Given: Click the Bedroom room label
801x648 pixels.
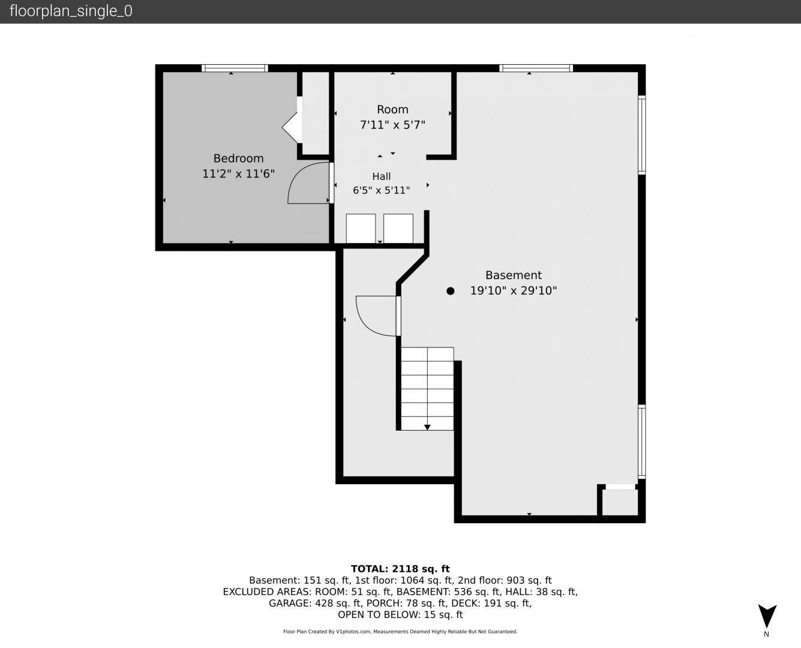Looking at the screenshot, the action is pos(238,158).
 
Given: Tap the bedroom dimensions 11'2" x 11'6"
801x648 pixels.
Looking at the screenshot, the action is pos(238,174).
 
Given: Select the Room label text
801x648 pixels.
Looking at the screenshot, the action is pos(392,109).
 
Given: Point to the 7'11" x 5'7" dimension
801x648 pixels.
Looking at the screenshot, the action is pos(392,124).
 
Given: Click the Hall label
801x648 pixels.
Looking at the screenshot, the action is pos(382,176).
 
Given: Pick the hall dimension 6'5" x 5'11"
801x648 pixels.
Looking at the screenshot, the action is pos(382,190).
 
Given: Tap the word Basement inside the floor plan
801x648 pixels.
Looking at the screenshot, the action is pos(514,275).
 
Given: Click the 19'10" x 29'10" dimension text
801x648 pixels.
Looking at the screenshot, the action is pos(514,291).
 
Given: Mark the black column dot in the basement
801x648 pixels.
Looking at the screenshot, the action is pos(450,291).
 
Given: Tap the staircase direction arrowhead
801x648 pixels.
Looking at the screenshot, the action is pos(427,427).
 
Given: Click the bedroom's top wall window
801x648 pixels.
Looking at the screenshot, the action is pos(235,68).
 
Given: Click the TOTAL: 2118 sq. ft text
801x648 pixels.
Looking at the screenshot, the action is pos(400,569).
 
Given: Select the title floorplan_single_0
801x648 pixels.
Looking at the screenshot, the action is pos(71,11).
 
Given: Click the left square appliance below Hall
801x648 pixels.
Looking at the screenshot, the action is pos(361,229).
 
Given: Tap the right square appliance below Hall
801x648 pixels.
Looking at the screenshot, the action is pos(398,229).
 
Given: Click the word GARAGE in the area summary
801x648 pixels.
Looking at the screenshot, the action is pos(290,604).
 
